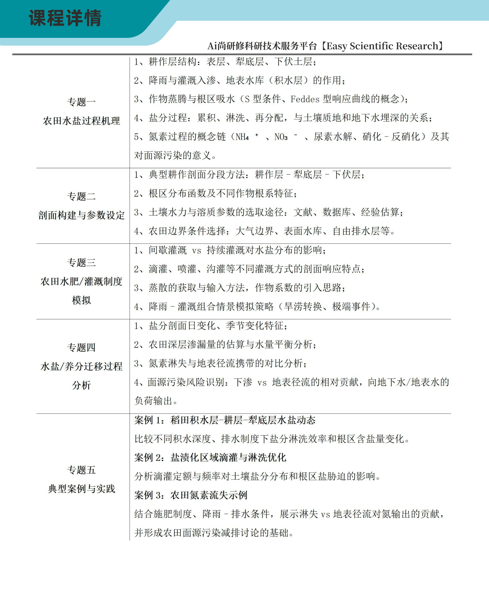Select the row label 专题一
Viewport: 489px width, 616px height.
[81, 102]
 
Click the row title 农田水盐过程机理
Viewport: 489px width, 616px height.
[81, 121]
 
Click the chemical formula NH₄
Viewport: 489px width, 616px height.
[242, 137]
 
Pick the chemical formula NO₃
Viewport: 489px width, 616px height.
[281, 137]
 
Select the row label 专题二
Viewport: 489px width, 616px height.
[81, 196]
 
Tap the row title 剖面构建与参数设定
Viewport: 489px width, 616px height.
[81, 215]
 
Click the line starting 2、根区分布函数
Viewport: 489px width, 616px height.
[216, 193]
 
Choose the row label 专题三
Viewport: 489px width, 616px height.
[81, 263]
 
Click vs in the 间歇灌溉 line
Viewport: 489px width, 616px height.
[197, 251]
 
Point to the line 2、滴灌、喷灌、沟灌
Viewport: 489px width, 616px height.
[249, 269]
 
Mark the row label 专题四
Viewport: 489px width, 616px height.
[81, 348]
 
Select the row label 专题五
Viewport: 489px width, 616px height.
[81, 470]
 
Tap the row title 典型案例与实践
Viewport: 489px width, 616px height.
[81, 489]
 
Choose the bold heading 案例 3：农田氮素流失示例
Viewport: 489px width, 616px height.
[191, 495]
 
